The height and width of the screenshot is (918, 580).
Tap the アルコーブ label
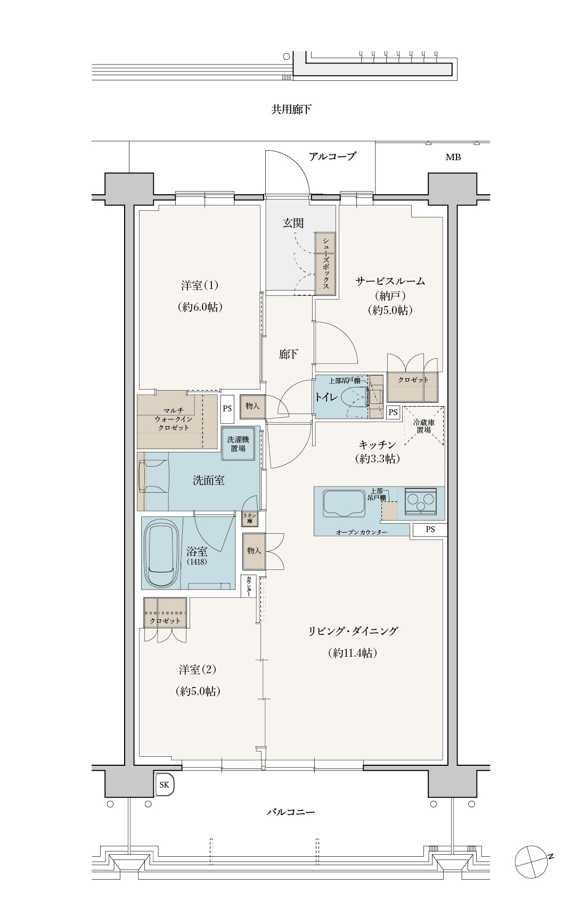tap(332, 156)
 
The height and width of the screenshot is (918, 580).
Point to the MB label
tap(453, 157)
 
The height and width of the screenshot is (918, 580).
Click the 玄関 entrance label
tap(293, 223)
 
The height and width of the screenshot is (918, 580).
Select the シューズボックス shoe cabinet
tap(325, 263)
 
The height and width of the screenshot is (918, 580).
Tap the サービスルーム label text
tap(390, 282)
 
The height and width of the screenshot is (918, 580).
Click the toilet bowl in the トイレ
tap(354, 397)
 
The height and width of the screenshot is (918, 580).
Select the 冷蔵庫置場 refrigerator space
tap(424, 426)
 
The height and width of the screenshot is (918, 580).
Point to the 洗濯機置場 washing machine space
tap(238, 444)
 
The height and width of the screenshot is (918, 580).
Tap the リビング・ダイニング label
tap(353, 631)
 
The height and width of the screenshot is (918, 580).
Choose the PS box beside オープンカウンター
tap(430, 530)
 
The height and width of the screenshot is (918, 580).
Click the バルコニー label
tap(291, 813)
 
